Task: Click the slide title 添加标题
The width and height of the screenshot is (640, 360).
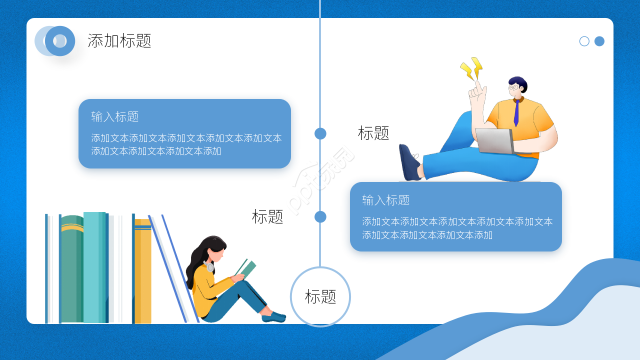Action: pyautogui.click(x=119, y=40)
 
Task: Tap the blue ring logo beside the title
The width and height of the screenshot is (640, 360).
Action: pyautogui.click(x=59, y=41)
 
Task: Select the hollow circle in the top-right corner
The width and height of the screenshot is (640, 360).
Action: pyautogui.click(x=584, y=41)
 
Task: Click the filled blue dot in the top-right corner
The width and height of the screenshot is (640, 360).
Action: pyautogui.click(x=599, y=41)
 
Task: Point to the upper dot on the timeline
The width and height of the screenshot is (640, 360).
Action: pyautogui.click(x=320, y=133)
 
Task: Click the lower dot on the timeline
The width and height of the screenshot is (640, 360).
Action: pyautogui.click(x=320, y=216)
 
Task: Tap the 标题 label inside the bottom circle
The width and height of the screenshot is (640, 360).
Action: pyautogui.click(x=320, y=296)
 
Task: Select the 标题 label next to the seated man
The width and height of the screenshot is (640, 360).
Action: pyautogui.click(x=373, y=133)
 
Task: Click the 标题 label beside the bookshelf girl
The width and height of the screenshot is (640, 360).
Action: pyautogui.click(x=267, y=216)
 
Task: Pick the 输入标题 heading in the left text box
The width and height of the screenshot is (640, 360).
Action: pyautogui.click(x=115, y=116)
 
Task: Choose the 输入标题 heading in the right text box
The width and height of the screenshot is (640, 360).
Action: pyautogui.click(x=386, y=200)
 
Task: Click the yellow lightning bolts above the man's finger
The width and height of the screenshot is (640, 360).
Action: pyautogui.click(x=471, y=68)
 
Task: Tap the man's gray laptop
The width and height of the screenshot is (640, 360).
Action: pyautogui.click(x=494, y=140)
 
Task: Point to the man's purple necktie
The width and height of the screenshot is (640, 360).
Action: pyautogui.click(x=516, y=113)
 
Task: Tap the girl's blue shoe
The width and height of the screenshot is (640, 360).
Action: pyautogui.click(x=273, y=316)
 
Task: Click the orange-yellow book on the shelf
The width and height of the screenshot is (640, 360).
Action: pyautogui.click(x=142, y=272)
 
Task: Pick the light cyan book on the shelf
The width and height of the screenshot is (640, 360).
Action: pyautogui.click(x=94, y=267)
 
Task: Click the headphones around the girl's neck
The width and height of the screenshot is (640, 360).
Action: pyautogui.click(x=210, y=267)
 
